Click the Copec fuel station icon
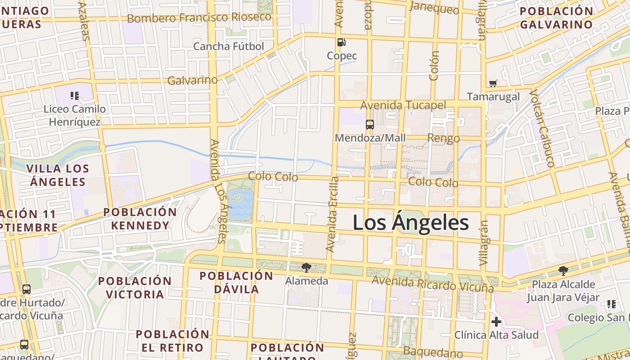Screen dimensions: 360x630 click(x=342, y=42)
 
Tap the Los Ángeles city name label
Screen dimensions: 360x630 click(x=410, y=223)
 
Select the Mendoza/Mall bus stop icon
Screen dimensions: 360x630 click(x=369, y=125)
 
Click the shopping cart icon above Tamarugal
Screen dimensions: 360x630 click(x=493, y=83)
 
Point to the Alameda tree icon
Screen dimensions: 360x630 click(x=306, y=268)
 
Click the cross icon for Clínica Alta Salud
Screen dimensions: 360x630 click(x=496, y=322)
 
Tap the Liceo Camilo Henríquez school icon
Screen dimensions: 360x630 click(x=75, y=95)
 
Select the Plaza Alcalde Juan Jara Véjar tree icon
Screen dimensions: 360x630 click(x=562, y=271)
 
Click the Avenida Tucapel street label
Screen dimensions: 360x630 click(x=403, y=105)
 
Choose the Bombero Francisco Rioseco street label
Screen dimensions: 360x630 click(x=199, y=18)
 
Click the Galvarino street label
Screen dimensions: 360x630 click(x=192, y=80)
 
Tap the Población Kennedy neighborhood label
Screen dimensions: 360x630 click(x=140, y=219)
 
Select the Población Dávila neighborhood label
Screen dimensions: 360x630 click(x=236, y=282)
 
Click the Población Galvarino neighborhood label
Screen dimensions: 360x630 click(x=556, y=18)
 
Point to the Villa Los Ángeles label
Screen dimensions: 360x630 click(x=58, y=175)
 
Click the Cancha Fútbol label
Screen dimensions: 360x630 click(x=228, y=46)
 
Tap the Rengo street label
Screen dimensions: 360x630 click(x=443, y=138)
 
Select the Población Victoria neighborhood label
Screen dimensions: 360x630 click(x=135, y=288)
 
